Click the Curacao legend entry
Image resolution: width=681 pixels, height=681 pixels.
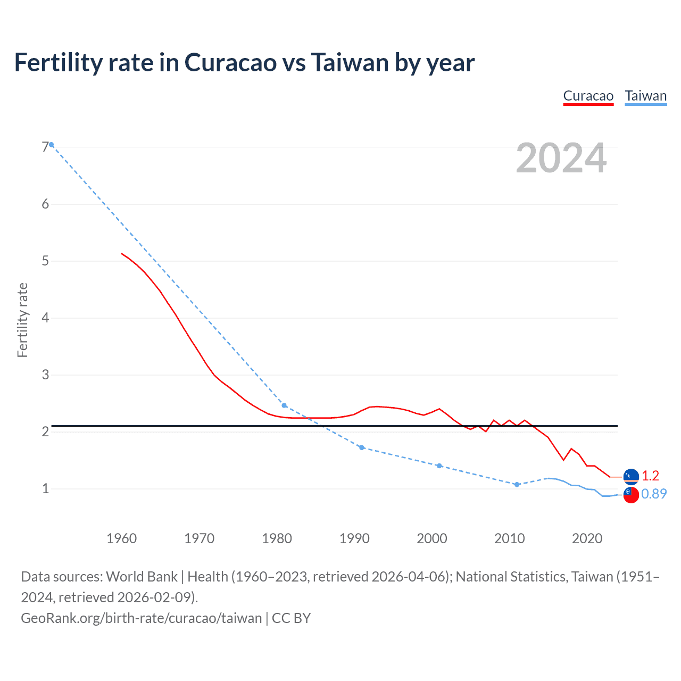click(588, 96)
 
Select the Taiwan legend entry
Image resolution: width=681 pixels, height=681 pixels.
click(645, 96)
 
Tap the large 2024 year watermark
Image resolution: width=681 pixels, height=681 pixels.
click(561, 158)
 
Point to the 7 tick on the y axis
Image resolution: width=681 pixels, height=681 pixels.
click(45, 147)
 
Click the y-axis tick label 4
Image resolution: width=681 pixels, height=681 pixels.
click(45, 318)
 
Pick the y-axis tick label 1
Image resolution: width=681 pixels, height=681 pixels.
click(45, 488)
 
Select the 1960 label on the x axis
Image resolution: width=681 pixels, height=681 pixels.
click(121, 538)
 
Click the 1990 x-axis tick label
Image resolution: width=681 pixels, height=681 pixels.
click(354, 538)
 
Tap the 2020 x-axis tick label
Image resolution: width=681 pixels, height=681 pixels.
click(587, 538)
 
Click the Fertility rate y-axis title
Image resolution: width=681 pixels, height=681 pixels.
click(22, 320)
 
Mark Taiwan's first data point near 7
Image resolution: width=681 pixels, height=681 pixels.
click(51, 145)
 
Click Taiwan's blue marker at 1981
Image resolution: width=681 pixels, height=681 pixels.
click(284, 405)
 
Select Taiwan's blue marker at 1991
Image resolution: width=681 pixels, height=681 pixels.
click(362, 447)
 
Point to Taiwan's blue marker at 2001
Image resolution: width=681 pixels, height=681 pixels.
click(439, 466)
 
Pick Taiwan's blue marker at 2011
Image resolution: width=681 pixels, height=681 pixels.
click(517, 485)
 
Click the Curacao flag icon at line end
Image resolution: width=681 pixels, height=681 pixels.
click(631, 476)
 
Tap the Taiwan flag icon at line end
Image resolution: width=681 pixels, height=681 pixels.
click(631, 494)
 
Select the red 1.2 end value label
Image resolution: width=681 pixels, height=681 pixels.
click(650, 476)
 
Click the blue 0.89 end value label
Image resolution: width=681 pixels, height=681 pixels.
click(653, 494)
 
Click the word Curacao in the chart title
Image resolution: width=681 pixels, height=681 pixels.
click(230, 63)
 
